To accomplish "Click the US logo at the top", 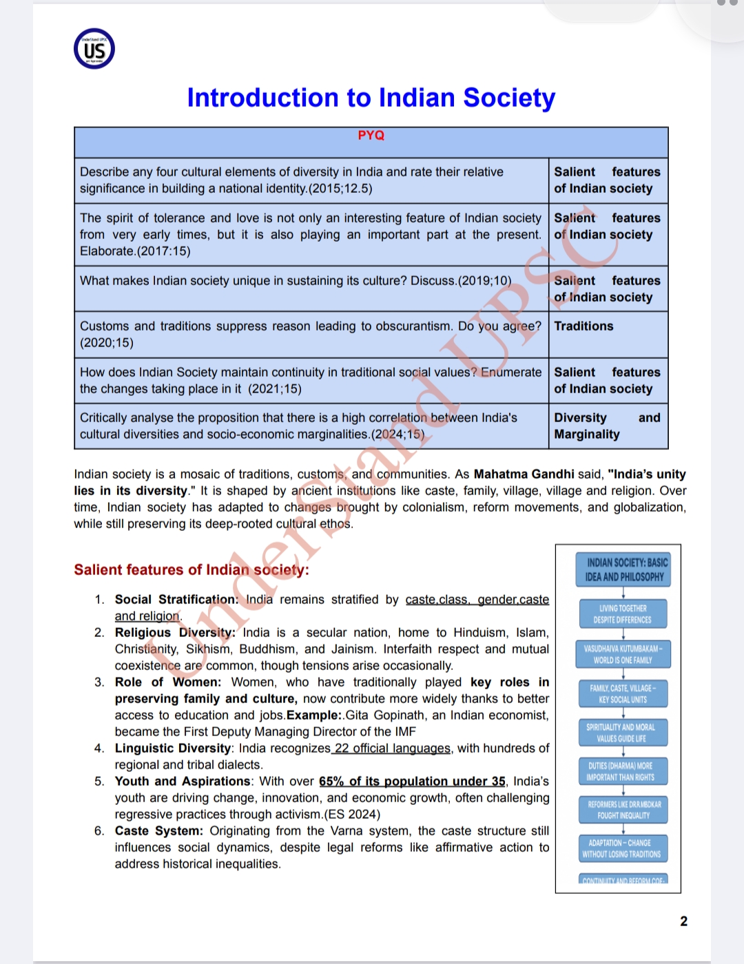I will tap(94, 49).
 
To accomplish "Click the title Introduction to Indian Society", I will tap(371, 98).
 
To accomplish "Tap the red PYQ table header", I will tap(371, 136).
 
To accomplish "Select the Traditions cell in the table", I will tap(583, 326).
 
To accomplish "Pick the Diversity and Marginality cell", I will tap(607, 426).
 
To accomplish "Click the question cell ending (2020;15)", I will tap(311, 335).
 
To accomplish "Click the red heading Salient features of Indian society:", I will tap(192, 570).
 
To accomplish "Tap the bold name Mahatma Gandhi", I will tap(524, 474).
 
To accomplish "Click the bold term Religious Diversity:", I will tap(175, 633).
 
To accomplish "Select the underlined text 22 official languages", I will tap(392, 748).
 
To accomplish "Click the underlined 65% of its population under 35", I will tap(412, 782).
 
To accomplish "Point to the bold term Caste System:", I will tap(158, 831).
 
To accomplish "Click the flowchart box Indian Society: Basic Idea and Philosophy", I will tap(623, 570).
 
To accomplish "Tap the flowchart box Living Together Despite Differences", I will tap(623, 614).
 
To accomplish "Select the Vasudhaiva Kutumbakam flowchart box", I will tap(623, 654).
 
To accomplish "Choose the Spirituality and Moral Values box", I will tap(621, 733).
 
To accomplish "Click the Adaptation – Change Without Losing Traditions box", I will tap(621, 848).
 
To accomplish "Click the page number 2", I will tap(683, 921).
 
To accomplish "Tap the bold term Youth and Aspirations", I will tap(183, 782).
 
